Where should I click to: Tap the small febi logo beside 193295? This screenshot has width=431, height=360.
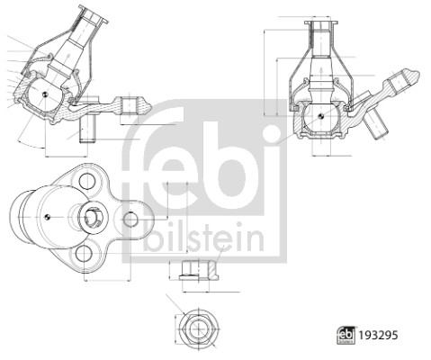click(344, 335)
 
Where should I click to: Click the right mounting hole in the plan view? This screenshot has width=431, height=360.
click(131, 218)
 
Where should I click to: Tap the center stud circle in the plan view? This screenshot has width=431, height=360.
click(94, 217)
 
